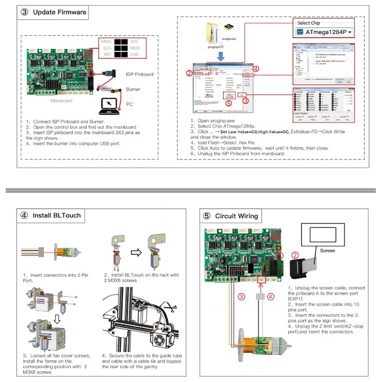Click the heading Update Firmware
pos(59,12)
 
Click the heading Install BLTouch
pos(57,215)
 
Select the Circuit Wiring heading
pos(236,216)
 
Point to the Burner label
pos(133,89)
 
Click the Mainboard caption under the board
pos(61,101)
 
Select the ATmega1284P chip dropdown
pos(325,32)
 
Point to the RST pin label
pos(107,55)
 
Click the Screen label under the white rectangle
pos(327,251)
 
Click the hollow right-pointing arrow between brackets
pos(136,252)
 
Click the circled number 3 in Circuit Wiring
pos(241,296)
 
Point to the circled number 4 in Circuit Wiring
pos(270,296)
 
